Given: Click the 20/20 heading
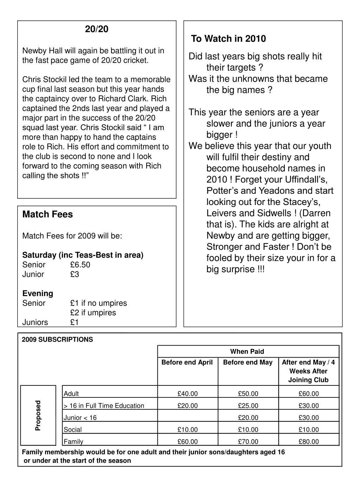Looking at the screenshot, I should click(97, 29).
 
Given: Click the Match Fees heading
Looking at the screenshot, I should click(47, 215).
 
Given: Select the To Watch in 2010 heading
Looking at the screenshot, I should click(229, 39).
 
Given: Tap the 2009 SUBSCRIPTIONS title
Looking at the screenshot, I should click(57, 339).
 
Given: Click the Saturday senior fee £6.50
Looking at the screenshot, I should click(80, 265).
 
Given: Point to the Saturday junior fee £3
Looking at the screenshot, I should click(75, 274).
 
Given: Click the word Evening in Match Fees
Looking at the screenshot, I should click(38, 293).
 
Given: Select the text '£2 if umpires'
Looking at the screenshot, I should click(93, 313).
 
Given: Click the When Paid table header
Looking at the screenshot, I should click(247, 351).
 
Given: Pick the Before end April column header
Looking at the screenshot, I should click(187, 362).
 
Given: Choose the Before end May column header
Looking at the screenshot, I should click(248, 362).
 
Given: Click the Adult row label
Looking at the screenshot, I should click(71, 393).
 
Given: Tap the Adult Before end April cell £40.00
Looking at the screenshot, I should click(188, 393).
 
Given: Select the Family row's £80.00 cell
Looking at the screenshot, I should click(309, 442).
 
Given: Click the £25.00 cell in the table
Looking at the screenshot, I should click(248, 406).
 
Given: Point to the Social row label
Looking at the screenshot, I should click(73, 429).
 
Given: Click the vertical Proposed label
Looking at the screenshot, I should click(38, 415).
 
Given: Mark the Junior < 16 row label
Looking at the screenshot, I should click(80, 418).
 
